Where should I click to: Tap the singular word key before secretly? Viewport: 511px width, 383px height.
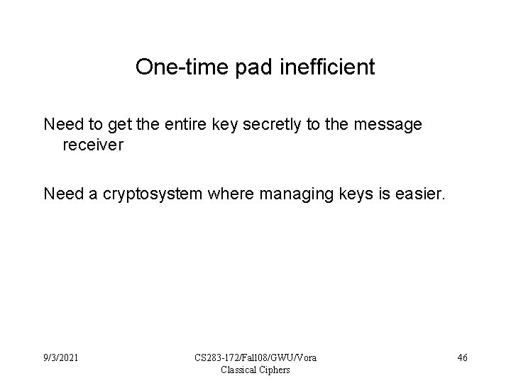[x=243, y=125]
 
